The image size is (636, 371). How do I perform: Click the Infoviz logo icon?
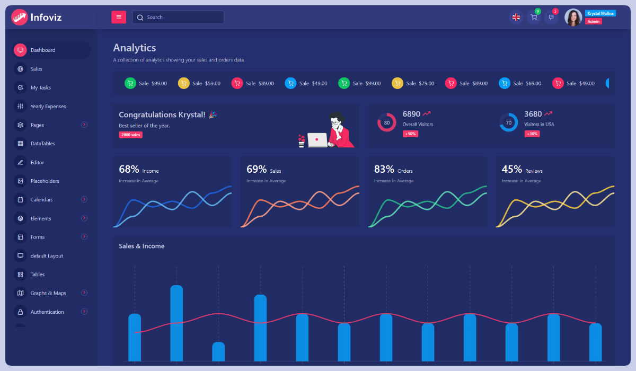[20, 17]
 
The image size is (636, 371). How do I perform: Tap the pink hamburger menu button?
[119, 17]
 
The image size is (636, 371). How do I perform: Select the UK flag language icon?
[516, 17]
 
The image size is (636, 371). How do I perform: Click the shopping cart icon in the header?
[534, 17]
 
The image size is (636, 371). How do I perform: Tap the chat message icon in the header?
[551, 17]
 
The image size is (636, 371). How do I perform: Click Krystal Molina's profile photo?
[573, 17]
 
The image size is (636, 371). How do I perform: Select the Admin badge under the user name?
[593, 22]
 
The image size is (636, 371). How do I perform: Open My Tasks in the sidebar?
[40, 87]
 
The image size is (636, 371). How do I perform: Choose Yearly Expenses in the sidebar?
[48, 107]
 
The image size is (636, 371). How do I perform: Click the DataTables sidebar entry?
[42, 144]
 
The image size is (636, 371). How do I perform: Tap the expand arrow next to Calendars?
[84, 199]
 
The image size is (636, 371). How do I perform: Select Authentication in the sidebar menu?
[47, 312]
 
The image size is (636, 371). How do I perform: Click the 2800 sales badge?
[130, 135]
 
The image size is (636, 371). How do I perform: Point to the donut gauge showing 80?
[386, 122]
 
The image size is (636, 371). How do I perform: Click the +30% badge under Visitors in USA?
[532, 134]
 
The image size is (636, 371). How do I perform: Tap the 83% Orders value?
[384, 170]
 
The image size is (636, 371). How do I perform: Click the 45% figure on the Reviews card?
[512, 170]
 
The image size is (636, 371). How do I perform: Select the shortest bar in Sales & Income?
[218, 351]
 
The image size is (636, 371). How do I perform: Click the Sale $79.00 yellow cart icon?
[397, 83]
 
